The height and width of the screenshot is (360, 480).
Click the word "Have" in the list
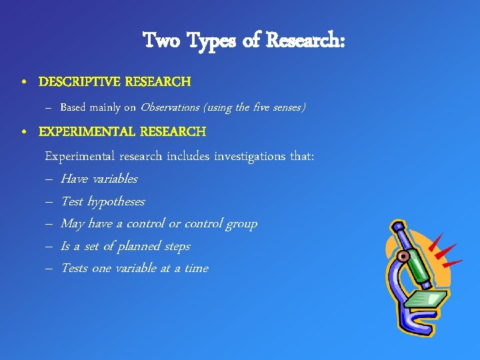[x=74, y=179]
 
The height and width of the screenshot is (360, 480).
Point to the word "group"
[x=240, y=224]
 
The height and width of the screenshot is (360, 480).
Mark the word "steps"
[x=177, y=247]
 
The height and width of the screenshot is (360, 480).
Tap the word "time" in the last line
[x=196, y=269]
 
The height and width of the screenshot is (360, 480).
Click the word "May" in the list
[x=72, y=224]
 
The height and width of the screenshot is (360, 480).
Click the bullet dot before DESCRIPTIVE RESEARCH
[x=24, y=83]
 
